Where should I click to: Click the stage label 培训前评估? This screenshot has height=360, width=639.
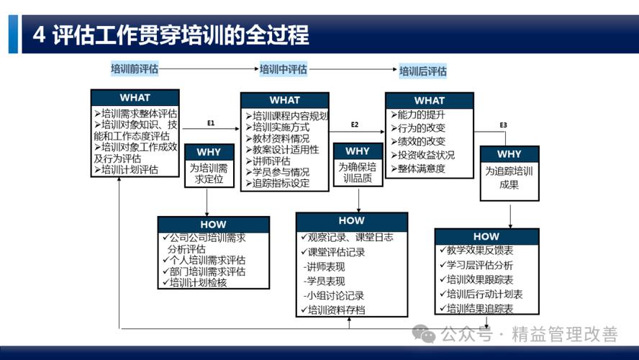click(134, 69)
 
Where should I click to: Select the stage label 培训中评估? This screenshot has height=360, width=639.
click(283, 69)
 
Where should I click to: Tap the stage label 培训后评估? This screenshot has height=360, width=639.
click(423, 71)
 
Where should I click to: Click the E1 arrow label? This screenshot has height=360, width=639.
click(211, 123)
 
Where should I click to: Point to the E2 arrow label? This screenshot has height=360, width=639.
click(355, 125)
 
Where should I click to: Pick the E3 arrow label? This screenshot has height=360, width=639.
click(504, 125)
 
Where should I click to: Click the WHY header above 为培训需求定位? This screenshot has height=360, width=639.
click(209, 152)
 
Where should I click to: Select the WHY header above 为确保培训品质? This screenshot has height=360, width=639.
click(358, 151)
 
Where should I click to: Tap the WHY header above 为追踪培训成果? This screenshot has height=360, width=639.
click(509, 154)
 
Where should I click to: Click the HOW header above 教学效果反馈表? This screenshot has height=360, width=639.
click(486, 236)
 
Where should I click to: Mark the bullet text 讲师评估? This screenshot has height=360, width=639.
click(271, 161)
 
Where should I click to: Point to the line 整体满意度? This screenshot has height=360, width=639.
click(421, 168)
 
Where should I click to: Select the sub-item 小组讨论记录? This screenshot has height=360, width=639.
click(335, 295)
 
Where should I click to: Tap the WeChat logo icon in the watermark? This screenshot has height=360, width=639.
click(425, 333)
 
